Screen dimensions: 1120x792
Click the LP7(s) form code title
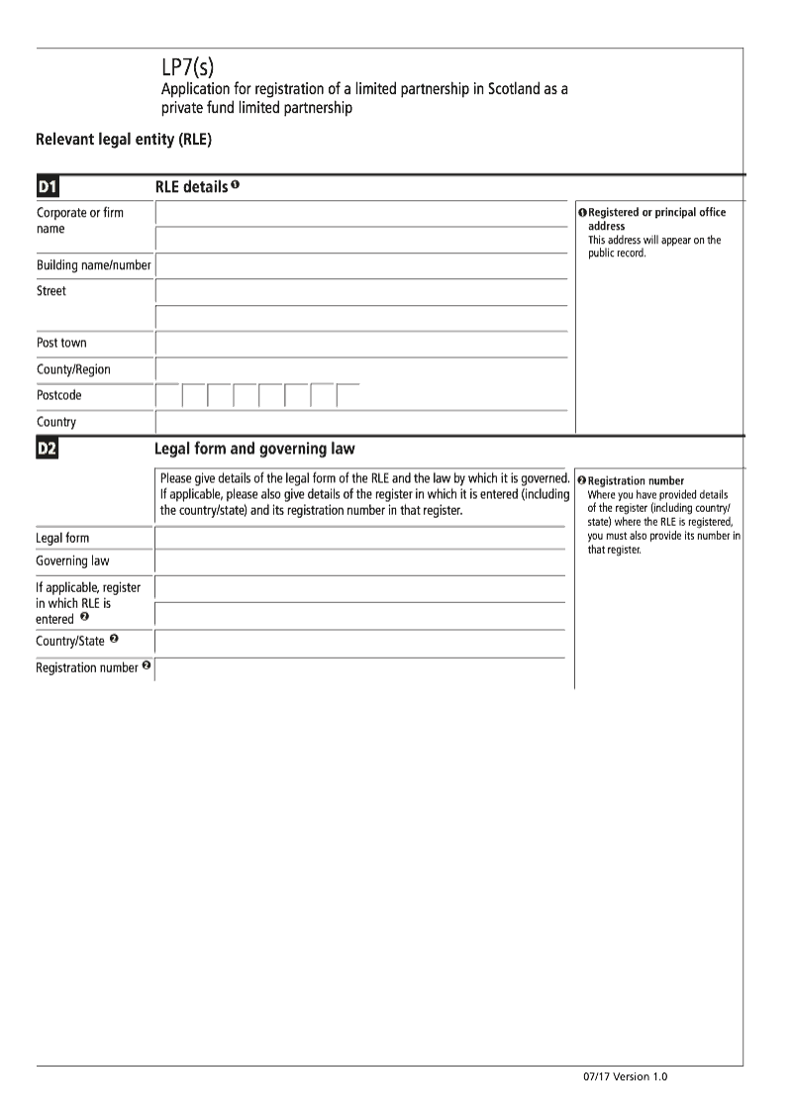pyautogui.click(x=187, y=67)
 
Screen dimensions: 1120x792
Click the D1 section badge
pyautogui.click(x=48, y=187)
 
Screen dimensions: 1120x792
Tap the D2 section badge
pyautogui.click(x=48, y=450)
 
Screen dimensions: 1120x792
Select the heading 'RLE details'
pyautogui.click(x=191, y=186)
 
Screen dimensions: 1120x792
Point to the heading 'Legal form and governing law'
pyautogui.click(x=254, y=450)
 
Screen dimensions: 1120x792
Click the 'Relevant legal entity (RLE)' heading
pyautogui.click(x=124, y=140)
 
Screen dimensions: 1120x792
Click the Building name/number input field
pyautogui.click(x=361, y=266)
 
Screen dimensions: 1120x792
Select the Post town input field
pyautogui.click(x=361, y=344)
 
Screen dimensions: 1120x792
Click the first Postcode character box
pyautogui.click(x=168, y=396)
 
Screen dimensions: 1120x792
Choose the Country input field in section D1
pyautogui.click(x=361, y=423)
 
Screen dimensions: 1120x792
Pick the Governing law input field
pyautogui.click(x=360, y=562)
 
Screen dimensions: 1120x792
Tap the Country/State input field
pyautogui.click(x=360, y=643)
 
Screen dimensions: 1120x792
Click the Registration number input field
pyautogui.click(x=360, y=669)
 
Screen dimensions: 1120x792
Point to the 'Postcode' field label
pyautogui.click(x=59, y=395)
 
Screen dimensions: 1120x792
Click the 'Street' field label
pyautogui.click(x=51, y=292)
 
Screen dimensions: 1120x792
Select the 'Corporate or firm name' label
pyautogui.click(x=80, y=220)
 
